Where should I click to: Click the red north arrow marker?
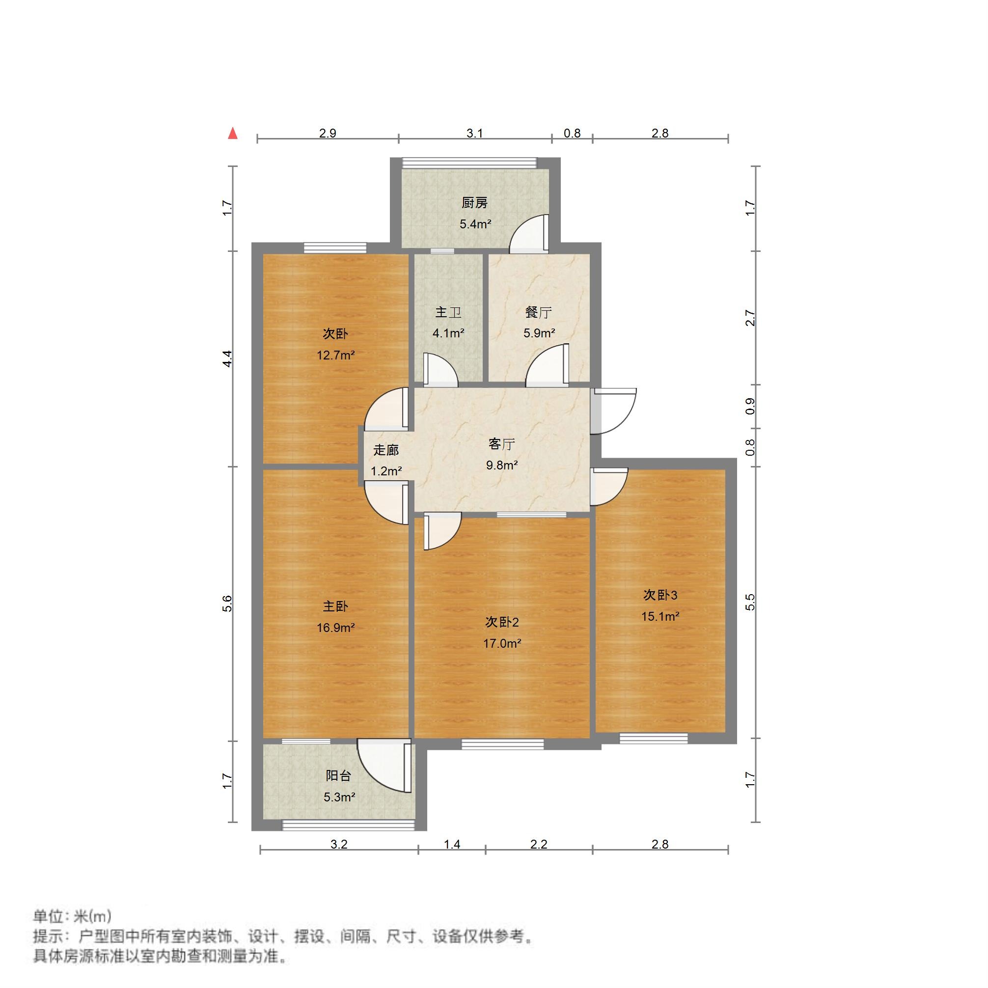tap(233, 134)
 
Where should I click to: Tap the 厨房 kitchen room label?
tap(474, 203)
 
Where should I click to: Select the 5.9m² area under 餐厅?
tap(539, 333)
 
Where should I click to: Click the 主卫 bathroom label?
tap(448, 312)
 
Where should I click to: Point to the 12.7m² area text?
tap(335, 355)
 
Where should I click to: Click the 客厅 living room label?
tap(501, 444)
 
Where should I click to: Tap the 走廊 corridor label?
tap(385, 450)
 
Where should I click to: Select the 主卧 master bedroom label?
tap(335, 606)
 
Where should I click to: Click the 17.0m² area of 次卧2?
tap(502, 643)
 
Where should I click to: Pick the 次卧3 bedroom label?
tap(659, 595)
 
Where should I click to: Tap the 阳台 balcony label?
tap(338, 776)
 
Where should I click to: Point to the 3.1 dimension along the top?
tap(474, 134)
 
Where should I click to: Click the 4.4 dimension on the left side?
tap(227, 358)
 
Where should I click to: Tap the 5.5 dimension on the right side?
tap(750, 602)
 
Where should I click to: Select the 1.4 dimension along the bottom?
tap(452, 844)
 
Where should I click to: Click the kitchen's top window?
tap(469, 163)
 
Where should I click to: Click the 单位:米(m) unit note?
tap(72, 916)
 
